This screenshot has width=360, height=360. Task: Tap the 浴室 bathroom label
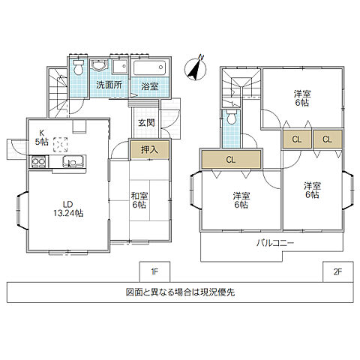(x=149, y=86)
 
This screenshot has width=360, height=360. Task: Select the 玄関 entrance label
(x=146, y=123)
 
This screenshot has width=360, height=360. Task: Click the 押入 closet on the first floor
(x=148, y=149)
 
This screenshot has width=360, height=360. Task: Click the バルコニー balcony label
(x=275, y=244)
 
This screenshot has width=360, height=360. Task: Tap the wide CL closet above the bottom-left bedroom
(x=231, y=159)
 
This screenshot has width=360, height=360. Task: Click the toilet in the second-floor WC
(x=231, y=118)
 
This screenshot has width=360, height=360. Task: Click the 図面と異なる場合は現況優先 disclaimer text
(x=180, y=292)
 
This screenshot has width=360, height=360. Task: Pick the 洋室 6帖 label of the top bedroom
(x=301, y=98)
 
